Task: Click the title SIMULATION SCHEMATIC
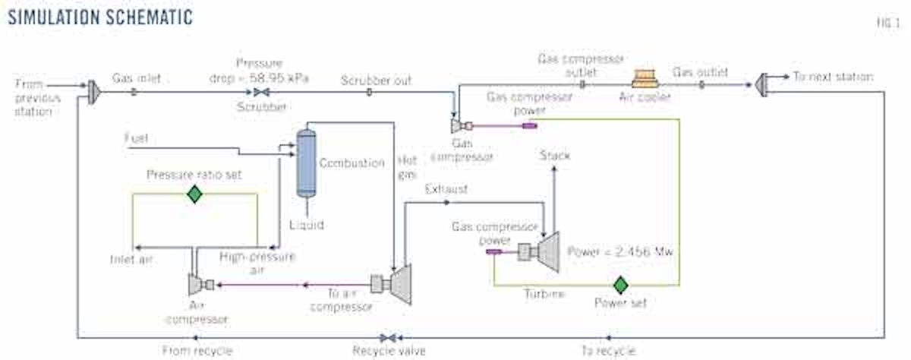pos(99,16)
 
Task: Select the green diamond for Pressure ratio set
pos(195,194)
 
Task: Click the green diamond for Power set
pos(621,286)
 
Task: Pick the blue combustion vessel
pos(306,163)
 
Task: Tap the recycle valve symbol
pos(388,337)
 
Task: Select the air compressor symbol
pos(197,285)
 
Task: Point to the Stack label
pos(554,156)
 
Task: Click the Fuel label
pos(137,138)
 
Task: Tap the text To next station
pos(833,77)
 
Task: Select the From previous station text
pos(34,98)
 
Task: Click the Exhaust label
pos(446,188)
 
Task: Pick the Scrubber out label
pos(376,80)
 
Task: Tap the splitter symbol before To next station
pos(761,78)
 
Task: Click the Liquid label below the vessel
pos(307,225)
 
